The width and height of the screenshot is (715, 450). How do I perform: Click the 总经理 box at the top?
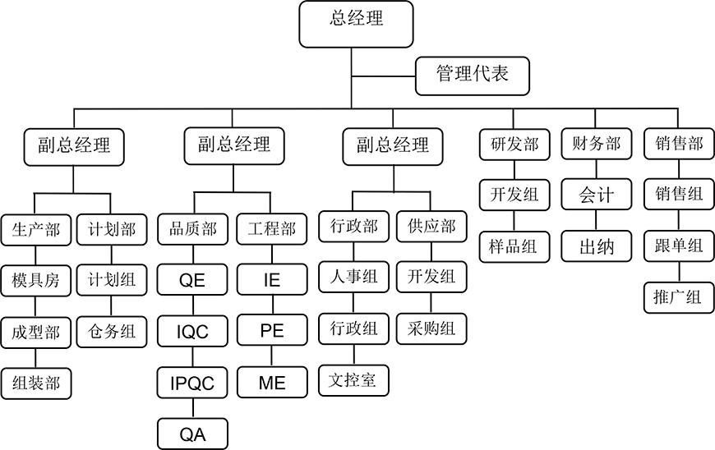(x=356, y=24)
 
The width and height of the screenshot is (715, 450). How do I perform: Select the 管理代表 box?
(x=473, y=76)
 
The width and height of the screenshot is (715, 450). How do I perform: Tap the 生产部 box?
(x=36, y=230)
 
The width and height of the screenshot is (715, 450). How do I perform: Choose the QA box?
(x=192, y=434)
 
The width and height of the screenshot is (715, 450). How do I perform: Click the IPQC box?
(x=192, y=383)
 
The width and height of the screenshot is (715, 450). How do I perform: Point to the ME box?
(x=272, y=383)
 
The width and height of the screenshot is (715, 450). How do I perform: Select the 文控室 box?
(x=353, y=380)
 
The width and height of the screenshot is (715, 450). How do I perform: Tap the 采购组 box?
(x=431, y=328)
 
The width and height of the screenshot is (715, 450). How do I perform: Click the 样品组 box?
(x=514, y=247)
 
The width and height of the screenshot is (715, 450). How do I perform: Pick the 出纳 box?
(x=597, y=246)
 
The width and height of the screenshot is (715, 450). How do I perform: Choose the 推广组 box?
(x=679, y=298)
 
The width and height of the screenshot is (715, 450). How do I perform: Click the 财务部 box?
(x=597, y=144)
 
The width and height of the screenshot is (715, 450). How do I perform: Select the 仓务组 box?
(x=112, y=332)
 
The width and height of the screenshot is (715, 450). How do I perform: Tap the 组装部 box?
(x=36, y=383)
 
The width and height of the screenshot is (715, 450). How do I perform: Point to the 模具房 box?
(x=36, y=281)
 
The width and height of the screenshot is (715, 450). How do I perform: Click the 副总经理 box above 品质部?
(x=234, y=145)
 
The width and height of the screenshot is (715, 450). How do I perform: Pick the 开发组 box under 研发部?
(x=514, y=195)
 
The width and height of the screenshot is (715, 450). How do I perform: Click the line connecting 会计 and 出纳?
(x=596, y=220)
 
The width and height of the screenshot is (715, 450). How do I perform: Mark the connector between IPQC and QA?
(x=193, y=409)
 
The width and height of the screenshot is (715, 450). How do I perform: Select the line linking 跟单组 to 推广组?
(x=679, y=272)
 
